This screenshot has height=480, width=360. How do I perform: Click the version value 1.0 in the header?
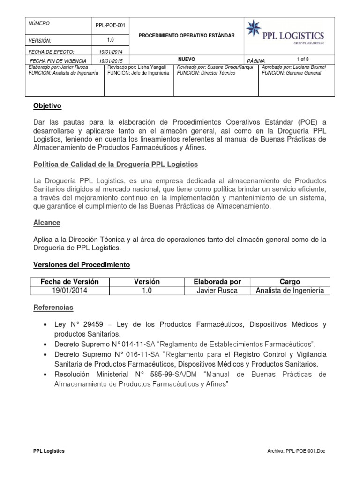[110, 40]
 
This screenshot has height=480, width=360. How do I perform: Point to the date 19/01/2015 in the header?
[110, 61]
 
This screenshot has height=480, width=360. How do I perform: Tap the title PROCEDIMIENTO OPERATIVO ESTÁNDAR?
[186, 36]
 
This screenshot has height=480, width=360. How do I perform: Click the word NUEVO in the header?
[187, 59]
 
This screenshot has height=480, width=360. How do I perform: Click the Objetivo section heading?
[47, 106]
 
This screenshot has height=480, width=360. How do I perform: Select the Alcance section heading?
[47, 222]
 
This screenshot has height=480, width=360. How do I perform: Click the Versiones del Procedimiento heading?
[82, 265]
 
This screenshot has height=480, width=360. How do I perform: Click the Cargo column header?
[290, 282]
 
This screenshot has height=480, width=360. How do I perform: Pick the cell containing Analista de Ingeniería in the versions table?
[290, 291]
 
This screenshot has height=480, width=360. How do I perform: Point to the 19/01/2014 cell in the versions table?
[70, 291]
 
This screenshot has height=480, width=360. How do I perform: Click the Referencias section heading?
[53, 307]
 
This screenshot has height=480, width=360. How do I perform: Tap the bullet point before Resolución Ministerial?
[45, 375]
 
